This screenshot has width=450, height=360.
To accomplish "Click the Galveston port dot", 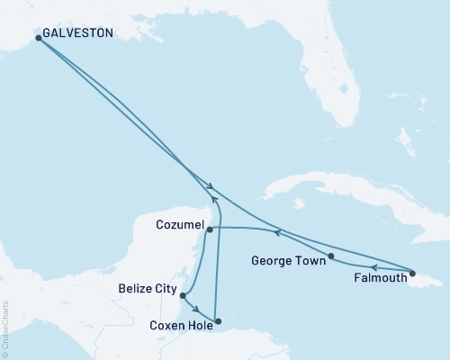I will click(38, 38).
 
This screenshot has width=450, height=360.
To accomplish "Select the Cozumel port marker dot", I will click(210, 229).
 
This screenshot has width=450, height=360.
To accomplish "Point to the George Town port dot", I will click(332, 256).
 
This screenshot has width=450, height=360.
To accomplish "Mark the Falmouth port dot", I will click(412, 273).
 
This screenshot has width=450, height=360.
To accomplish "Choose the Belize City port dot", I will click(183, 295).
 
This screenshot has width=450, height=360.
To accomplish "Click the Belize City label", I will click(146, 289).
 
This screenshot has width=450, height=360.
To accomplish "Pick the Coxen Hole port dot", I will click(218, 320).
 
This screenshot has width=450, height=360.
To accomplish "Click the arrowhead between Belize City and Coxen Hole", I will click(196, 309).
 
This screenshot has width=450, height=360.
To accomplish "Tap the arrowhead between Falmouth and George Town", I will click(375, 267).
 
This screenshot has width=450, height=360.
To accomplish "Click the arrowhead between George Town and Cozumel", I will click(277, 233).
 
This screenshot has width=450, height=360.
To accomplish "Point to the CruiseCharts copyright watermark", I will click(6, 328).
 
